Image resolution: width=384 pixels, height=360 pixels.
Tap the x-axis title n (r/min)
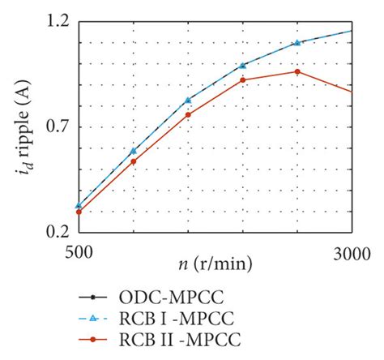[215, 264]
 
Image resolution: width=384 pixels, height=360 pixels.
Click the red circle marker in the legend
[93, 337]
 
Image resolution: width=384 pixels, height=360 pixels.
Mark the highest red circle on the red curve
[297, 72]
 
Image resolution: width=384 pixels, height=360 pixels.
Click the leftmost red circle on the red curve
[79, 212]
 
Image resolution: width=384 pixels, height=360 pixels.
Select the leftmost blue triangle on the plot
[79, 206]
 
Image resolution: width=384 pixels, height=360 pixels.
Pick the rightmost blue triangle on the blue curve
[297, 42]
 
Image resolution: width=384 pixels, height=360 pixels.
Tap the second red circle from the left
[134, 161]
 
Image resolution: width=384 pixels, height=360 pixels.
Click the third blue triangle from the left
[188, 100]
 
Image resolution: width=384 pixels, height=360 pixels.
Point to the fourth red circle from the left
[243, 80]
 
